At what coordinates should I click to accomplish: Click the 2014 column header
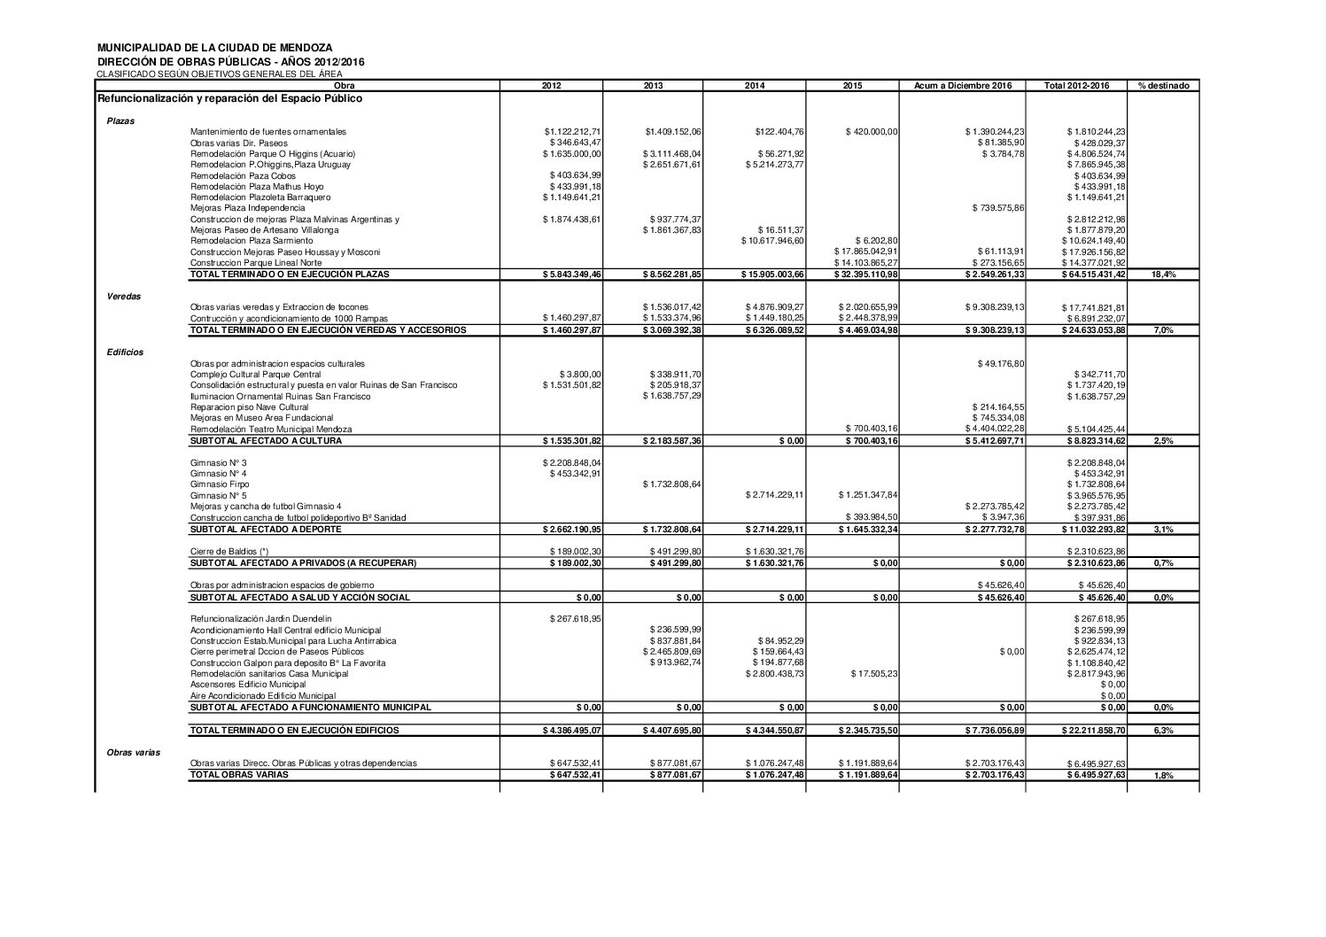click(755, 86)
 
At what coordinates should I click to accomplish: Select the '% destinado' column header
click(1163, 86)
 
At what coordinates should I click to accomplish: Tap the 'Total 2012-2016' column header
click(1075, 86)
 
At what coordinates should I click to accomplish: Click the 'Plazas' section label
click(120, 120)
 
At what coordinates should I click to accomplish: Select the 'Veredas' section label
click(121, 297)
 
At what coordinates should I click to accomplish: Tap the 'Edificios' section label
click(125, 352)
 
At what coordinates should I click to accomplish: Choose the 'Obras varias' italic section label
click(134, 751)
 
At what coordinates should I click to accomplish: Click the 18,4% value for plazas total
click(1163, 275)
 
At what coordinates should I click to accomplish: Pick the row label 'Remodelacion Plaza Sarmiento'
click(252, 241)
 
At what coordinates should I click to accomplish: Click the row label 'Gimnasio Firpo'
click(220, 484)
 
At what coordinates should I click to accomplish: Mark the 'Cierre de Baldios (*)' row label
click(230, 552)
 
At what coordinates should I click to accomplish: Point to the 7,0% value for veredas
click(1163, 330)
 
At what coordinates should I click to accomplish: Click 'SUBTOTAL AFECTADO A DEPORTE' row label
click(266, 530)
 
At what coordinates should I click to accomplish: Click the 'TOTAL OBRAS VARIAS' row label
click(239, 774)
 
